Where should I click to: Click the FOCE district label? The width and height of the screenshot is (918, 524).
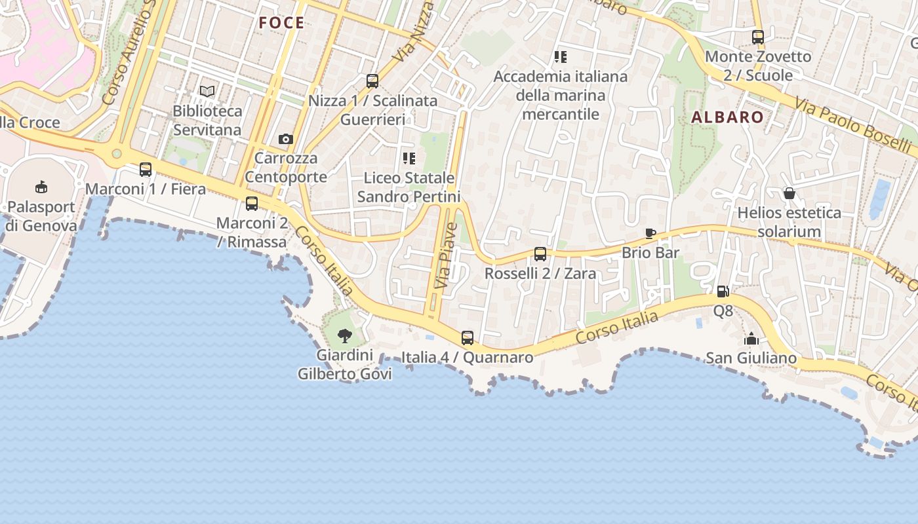281,24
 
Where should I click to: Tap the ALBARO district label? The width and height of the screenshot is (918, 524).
727,118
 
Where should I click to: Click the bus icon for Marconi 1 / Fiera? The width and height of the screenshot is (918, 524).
146,170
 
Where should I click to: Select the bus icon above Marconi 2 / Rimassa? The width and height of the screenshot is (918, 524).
252,204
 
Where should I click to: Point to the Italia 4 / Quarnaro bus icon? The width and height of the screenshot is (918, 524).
468,338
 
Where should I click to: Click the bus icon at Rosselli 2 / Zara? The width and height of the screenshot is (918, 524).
540,254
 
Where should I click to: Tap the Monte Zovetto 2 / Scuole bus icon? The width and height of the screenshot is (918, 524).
758,37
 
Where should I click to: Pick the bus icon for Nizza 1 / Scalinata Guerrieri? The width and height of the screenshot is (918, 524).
372,81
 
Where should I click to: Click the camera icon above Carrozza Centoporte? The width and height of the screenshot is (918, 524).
286,139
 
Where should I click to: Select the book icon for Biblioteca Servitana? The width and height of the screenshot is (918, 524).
207,92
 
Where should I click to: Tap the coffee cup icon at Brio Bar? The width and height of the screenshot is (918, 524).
650,233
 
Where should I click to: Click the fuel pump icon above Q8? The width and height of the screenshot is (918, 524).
723,291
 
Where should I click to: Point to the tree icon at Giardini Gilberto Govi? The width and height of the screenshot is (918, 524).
345,337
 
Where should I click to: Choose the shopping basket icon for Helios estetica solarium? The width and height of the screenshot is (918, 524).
789,193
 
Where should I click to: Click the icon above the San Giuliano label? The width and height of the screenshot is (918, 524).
751,339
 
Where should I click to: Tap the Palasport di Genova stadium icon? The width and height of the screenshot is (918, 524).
41,187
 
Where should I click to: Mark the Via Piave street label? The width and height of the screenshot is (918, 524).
447,256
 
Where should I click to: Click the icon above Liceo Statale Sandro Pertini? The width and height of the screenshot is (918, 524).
409,159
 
